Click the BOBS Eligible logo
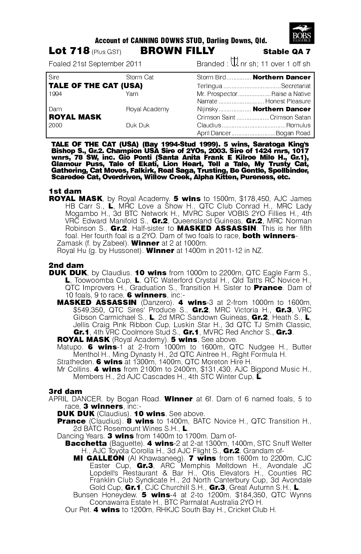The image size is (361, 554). (302, 32)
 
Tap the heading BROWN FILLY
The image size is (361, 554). (178, 51)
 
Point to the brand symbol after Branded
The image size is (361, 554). (234, 63)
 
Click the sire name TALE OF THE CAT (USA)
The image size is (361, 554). (96, 85)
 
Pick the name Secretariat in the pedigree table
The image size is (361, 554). (296, 86)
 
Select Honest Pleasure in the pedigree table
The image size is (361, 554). (291, 101)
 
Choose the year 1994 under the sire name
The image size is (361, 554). (55, 94)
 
